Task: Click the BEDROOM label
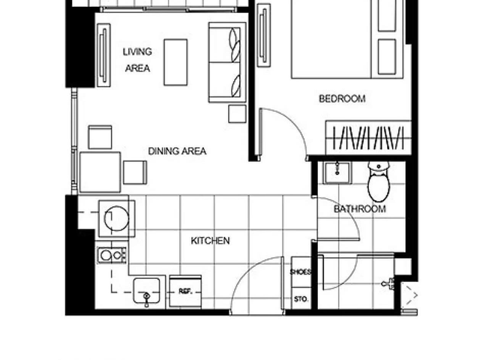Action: click(x=342, y=98)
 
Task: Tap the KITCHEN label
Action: click(x=210, y=241)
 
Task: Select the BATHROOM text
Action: click(x=360, y=208)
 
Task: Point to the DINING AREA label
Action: click(x=177, y=151)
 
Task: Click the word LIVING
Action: click(x=137, y=52)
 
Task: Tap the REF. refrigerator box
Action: click(x=185, y=292)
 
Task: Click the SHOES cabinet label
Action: click(x=300, y=271)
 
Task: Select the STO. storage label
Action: click(x=301, y=298)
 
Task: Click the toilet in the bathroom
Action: click(x=379, y=181)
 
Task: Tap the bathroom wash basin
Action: click(x=337, y=173)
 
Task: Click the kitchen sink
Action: click(x=147, y=291)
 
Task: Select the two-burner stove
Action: click(x=112, y=255)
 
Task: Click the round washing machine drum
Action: click(x=117, y=218)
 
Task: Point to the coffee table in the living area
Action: click(x=175, y=62)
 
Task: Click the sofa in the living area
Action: click(x=227, y=62)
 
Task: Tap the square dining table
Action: click(x=100, y=172)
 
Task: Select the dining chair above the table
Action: click(x=100, y=137)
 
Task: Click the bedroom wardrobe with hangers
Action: click(x=368, y=138)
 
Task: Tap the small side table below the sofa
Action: click(x=237, y=114)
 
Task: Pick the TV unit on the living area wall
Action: click(x=103, y=55)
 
